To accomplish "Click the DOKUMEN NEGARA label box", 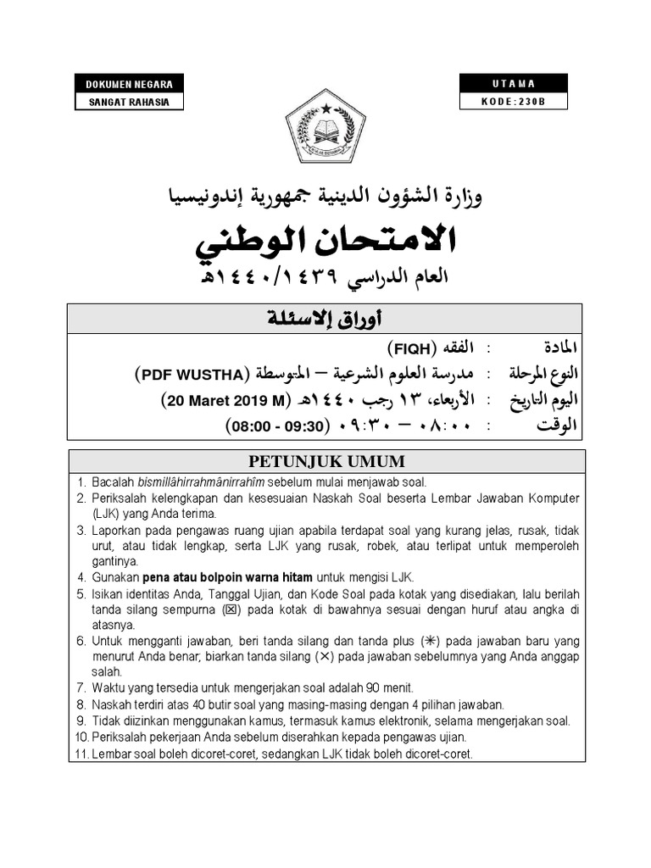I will [x=129, y=84].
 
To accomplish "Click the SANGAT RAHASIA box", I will [x=129, y=102].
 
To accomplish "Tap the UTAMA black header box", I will [x=514, y=84].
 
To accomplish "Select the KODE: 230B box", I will [x=514, y=102].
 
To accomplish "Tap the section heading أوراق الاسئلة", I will [x=325, y=320].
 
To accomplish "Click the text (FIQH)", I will [x=413, y=348].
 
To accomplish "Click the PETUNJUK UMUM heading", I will [x=325, y=462].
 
